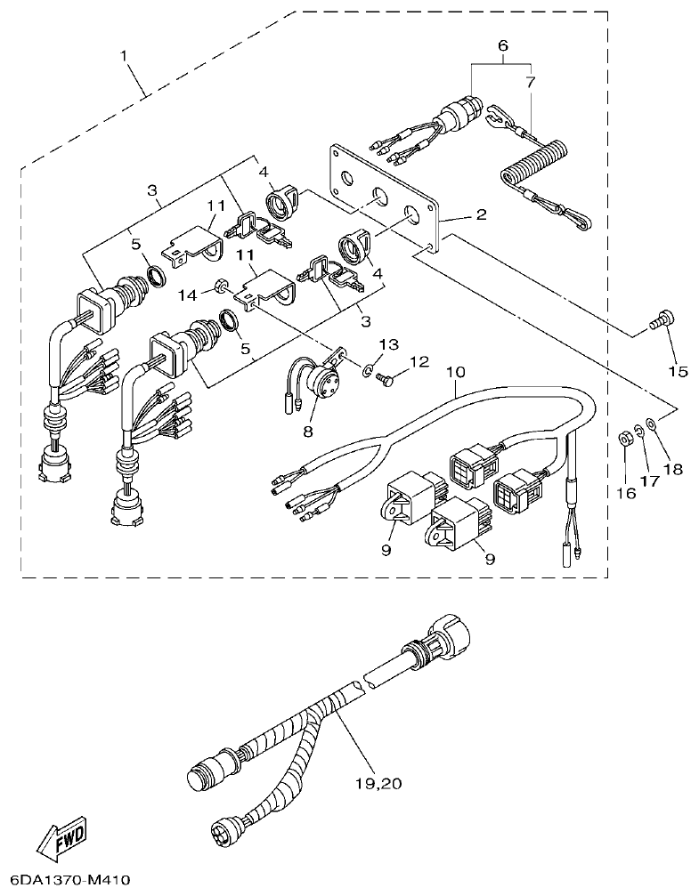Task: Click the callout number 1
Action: coord(126,56)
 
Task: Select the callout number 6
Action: coord(502,44)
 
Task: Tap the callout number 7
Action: coord(531,82)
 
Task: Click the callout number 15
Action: coord(678,370)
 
